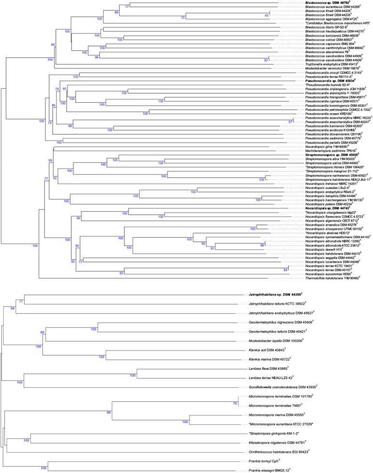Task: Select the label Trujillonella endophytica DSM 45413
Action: click(329, 64)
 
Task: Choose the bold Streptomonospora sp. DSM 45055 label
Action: click(329, 155)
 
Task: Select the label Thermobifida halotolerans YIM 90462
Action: click(330, 279)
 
